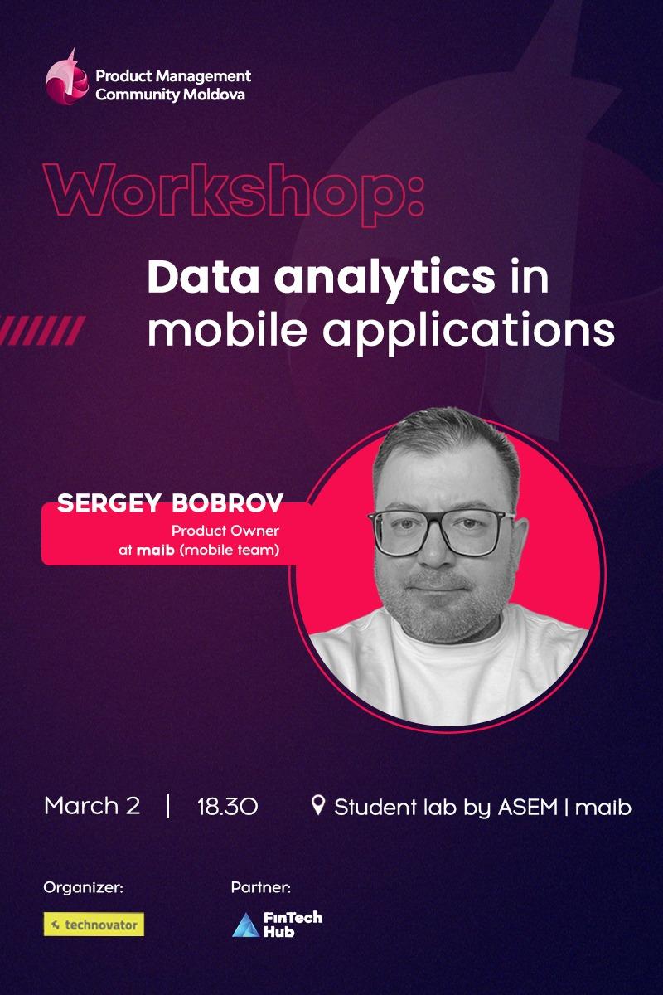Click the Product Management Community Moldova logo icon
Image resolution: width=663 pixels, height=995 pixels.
[66, 77]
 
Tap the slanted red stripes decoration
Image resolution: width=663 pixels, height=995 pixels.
[42, 330]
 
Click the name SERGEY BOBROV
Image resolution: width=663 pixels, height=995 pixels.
[170, 503]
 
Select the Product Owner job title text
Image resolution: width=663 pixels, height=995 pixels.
[225, 531]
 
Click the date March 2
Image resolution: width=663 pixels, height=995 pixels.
[92, 805]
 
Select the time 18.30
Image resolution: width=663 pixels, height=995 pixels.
[227, 806]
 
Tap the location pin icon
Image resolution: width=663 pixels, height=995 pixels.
[317, 804]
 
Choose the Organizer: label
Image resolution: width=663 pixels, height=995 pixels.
[83, 888]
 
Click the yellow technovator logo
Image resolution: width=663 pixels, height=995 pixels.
[94, 925]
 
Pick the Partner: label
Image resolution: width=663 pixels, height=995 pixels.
[260, 888]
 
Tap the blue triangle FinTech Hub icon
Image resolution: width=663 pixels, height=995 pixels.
[245, 925]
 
